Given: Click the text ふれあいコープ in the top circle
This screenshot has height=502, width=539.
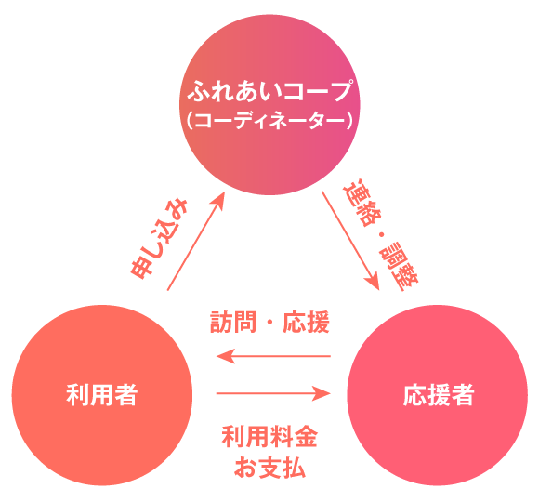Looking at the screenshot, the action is click(270, 91).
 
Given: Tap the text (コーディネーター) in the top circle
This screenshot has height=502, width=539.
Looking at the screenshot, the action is click(270, 121).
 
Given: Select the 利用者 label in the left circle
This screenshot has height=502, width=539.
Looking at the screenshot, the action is click(102, 395).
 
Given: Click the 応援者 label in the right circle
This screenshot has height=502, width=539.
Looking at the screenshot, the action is click(439, 395).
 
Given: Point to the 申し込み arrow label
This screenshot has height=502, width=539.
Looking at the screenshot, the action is click(159, 239).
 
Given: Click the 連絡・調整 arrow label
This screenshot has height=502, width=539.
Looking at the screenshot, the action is click(380, 234).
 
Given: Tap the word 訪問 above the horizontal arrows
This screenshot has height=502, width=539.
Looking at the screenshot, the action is click(233, 322).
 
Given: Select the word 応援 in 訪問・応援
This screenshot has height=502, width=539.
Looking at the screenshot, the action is click(307, 322).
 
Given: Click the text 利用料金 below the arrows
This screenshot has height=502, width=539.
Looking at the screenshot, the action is click(269, 437).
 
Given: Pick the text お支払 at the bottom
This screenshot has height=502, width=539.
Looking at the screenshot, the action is click(269, 467).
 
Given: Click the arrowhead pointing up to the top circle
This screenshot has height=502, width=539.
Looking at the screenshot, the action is click(218, 201).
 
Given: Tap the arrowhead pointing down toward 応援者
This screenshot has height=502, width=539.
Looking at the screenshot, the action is click(373, 282).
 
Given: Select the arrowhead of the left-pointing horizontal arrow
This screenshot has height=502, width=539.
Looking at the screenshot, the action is click(225, 356).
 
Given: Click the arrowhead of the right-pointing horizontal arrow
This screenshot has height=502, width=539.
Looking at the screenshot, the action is click(322, 393).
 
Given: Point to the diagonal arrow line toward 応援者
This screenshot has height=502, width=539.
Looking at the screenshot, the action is click(350, 241).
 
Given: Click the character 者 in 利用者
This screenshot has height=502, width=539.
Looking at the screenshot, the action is click(126, 395).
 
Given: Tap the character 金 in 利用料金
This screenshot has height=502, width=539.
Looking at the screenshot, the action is click(306, 437).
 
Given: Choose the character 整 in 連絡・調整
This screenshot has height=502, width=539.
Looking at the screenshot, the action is click(407, 277).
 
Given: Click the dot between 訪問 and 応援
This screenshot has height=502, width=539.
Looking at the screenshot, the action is click(269, 323).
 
